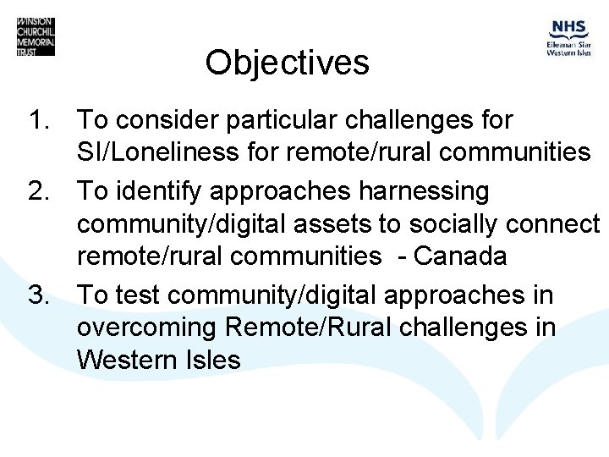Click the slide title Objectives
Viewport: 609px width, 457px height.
[x=287, y=63]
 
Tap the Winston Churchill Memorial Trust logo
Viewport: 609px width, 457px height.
[x=36, y=36]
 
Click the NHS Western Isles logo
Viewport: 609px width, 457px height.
[x=568, y=38]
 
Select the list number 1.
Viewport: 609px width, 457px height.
[x=41, y=120]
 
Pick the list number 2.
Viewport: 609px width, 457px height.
[x=41, y=192]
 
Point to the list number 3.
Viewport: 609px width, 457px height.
[x=41, y=295]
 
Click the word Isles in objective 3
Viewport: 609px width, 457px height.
[x=210, y=360]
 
